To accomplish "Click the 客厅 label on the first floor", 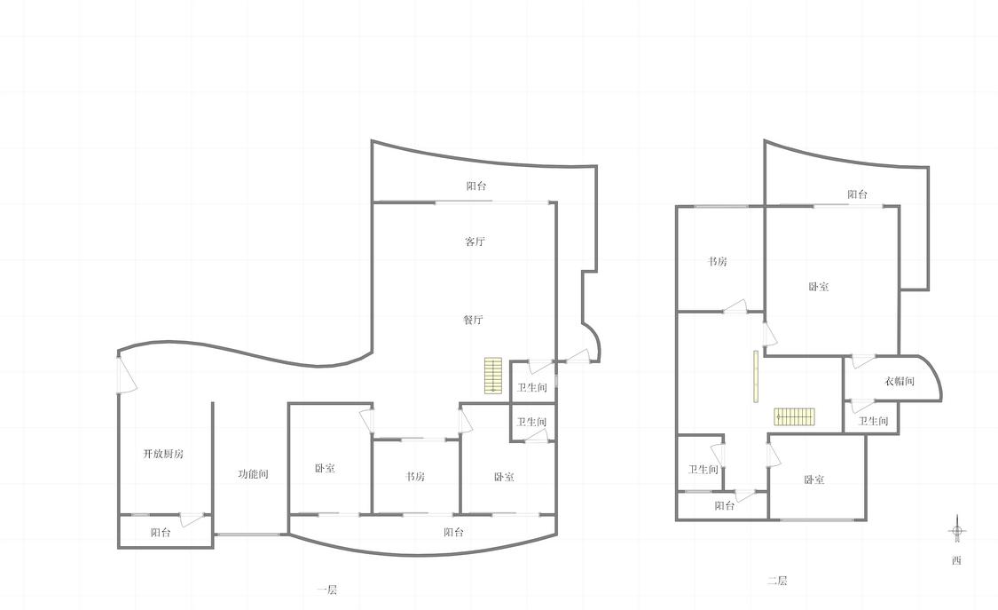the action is tap(475, 242).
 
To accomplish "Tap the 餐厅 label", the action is tap(473, 320).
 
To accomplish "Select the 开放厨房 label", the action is tap(163, 454).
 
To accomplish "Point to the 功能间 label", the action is tap(254, 474).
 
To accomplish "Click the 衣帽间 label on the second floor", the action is tap(900, 382).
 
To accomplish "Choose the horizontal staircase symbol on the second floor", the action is tap(794, 417).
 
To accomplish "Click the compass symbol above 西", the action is tap(956, 531).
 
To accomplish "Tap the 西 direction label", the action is tap(956, 561).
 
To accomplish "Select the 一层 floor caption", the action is tap(327, 590).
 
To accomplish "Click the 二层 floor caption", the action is tap(777, 581).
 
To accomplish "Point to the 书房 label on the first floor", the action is tap(415, 476).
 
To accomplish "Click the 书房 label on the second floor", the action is tap(718, 262).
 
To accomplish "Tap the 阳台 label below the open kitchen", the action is tap(161, 533).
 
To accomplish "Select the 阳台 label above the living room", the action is tap(476, 186).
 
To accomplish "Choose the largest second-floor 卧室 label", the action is tap(819, 287).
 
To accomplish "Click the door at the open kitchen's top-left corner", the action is tap(127, 375).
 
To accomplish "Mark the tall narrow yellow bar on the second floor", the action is tap(756, 376).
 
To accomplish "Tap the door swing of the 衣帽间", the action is tap(863, 361).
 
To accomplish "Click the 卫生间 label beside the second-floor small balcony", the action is tap(703, 470).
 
